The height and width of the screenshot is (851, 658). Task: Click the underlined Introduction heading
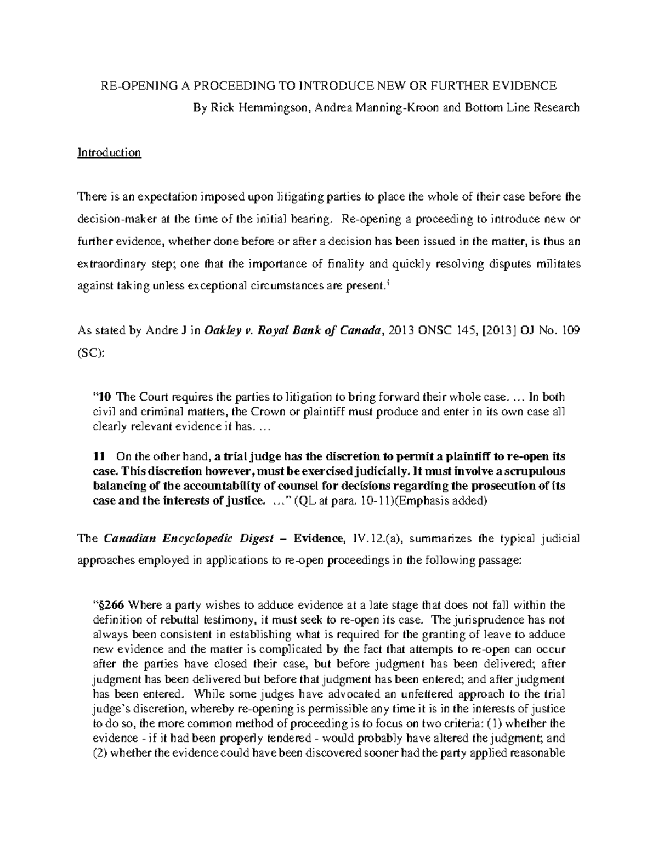point(109,152)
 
